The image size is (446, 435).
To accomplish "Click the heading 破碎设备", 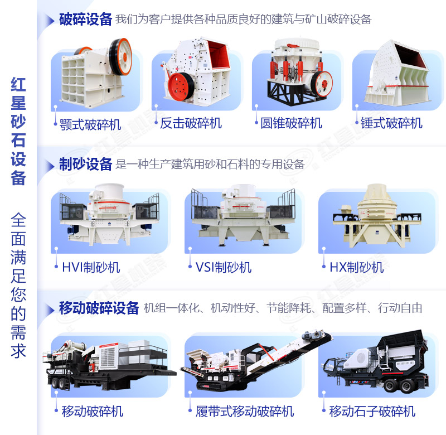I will tap(85, 20).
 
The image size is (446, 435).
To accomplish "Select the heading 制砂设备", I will tap(85, 164).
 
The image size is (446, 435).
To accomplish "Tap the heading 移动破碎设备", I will tap(99, 308).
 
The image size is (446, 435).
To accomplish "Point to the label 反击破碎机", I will tap(191, 123).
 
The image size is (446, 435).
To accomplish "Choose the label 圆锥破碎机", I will tap(291, 123).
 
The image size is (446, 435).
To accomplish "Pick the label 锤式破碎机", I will tap(391, 123).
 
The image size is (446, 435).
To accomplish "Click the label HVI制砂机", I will tap(90, 267).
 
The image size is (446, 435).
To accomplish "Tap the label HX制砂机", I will tap(356, 267).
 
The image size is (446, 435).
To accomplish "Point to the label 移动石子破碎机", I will tap(372, 412).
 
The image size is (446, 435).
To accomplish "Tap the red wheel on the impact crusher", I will tap(180, 86).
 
